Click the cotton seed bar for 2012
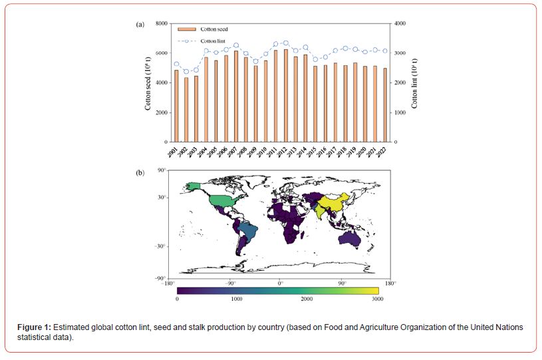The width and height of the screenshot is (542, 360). pos(286,96)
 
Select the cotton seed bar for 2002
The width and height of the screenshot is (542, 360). pos(186,110)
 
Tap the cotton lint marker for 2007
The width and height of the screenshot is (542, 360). pos(236,45)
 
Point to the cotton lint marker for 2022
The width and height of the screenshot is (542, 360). pos(384,51)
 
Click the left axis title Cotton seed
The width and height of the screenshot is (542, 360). pos(149,83)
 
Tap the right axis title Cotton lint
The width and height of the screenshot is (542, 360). pos(414,83)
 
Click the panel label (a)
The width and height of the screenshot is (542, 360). pos(140,24)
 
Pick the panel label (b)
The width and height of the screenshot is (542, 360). pos(140,172)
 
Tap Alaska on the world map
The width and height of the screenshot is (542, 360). pos(194,186)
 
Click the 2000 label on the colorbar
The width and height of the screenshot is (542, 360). pos(307,299)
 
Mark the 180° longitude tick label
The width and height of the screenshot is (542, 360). pos(390,283)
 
